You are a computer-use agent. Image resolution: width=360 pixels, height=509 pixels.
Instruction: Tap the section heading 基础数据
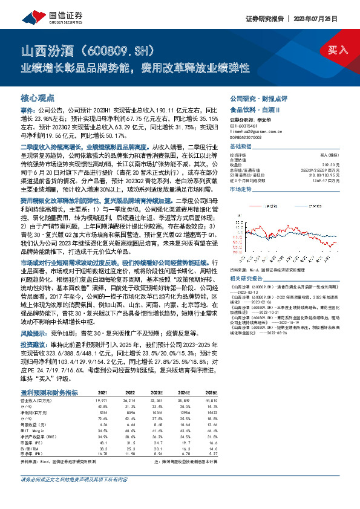point(240,147)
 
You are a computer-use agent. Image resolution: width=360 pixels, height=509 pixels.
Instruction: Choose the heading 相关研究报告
point(244,279)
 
